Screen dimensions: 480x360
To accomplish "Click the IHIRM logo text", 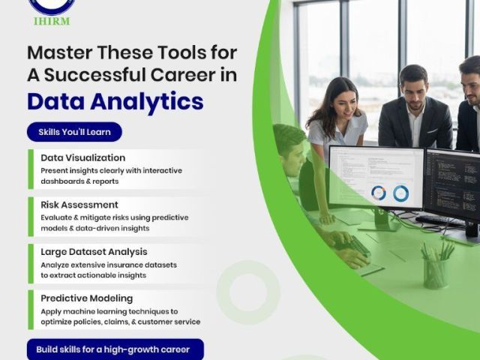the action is point(52,21).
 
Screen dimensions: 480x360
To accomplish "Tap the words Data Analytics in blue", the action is point(115,102).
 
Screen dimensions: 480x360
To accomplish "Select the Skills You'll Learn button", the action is point(74,132).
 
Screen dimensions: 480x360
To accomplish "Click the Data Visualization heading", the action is point(83,157).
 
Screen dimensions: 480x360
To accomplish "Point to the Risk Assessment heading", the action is point(79,205).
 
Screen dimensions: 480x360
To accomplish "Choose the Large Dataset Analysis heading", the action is point(94,252).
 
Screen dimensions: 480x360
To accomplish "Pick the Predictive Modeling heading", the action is point(87,298).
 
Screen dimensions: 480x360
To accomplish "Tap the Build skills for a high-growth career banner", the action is point(115,349).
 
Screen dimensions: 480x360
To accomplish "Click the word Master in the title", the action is point(60,52).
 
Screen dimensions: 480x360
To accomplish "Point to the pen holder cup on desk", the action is point(436,273).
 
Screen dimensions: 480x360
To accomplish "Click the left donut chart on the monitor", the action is point(379,193).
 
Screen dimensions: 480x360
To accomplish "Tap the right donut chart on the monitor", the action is point(400,193).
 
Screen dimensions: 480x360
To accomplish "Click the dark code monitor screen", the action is point(453,184).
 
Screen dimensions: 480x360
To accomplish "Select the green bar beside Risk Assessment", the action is point(31,217).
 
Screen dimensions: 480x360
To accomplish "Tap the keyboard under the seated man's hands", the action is point(355,244).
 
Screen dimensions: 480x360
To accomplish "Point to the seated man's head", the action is point(289,148).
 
